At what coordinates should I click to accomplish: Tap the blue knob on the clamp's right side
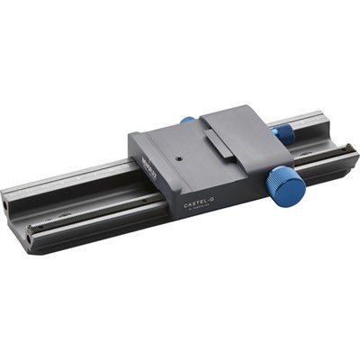(x=283, y=133)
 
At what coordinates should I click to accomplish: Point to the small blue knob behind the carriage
(x=187, y=120)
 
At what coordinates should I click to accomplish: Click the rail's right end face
(x=346, y=135)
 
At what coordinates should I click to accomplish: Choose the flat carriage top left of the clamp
(x=166, y=144)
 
